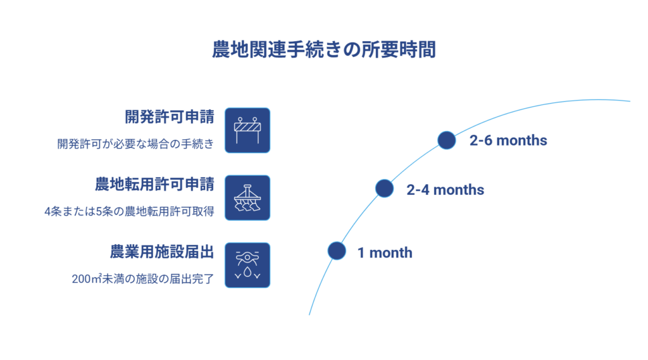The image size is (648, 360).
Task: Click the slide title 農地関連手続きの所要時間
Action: pyautogui.click(x=324, y=50)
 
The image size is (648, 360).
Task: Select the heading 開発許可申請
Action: pyautogui.click(x=169, y=117)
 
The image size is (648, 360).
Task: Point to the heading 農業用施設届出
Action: pyautogui.click(x=161, y=251)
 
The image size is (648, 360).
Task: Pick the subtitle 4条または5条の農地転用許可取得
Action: pyautogui.click(x=129, y=211)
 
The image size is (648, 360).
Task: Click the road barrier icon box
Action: pyautogui.click(x=247, y=130)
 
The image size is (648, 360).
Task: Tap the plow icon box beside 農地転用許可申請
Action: pyautogui.click(x=247, y=197)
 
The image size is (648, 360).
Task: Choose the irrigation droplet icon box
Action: pyautogui.click(x=247, y=265)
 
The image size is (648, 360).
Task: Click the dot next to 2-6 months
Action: pyautogui.click(x=447, y=140)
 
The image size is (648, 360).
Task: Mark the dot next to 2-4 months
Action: pyautogui.click(x=384, y=188)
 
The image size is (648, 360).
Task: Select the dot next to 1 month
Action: pyautogui.click(x=337, y=251)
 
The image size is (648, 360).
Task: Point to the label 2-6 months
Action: pyautogui.click(x=508, y=140)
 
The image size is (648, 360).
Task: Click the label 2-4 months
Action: pyautogui.click(x=445, y=189)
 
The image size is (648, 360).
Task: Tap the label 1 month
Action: pyautogui.click(x=384, y=253)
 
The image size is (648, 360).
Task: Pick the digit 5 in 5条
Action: pyautogui.click(x=96, y=211)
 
